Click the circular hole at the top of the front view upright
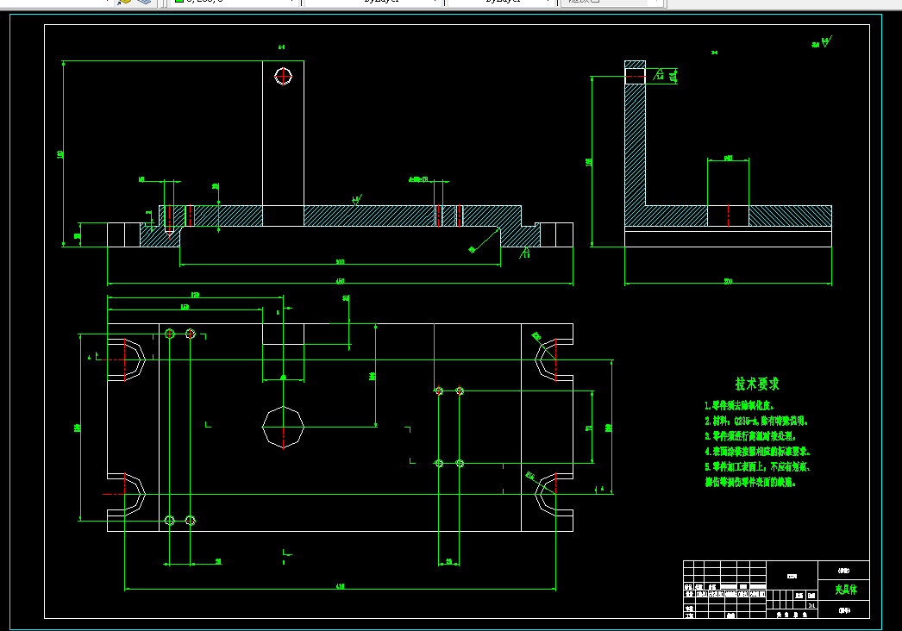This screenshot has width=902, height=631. [284, 76]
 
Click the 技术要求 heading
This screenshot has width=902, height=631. [757, 384]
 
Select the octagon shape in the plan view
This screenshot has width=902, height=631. [284, 427]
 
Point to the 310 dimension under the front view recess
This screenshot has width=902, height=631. [340, 262]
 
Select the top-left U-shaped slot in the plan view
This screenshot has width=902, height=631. [128, 360]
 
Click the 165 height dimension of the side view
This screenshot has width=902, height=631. [589, 161]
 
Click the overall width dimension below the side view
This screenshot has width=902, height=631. [728, 281]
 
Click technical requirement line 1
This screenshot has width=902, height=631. [738, 405]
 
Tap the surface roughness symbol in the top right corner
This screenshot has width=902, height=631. [824, 42]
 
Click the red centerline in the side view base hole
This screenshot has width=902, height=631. [728, 216]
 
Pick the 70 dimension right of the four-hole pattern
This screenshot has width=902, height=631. [588, 427]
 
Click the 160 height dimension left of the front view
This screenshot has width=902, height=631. [60, 153]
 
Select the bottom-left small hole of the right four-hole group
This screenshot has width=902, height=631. [439, 464]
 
